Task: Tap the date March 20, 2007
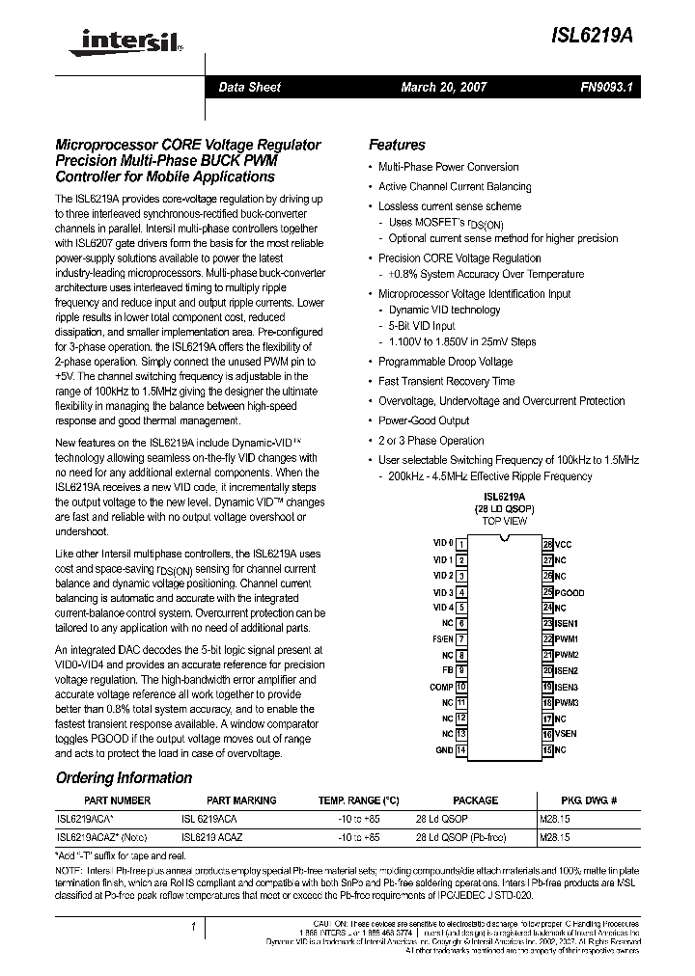pyautogui.click(x=443, y=87)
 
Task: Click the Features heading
pyautogui.click(x=397, y=145)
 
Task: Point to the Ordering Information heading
pyautogui.click(x=124, y=777)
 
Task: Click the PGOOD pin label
pyautogui.click(x=570, y=592)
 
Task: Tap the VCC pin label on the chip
pyautogui.click(x=563, y=545)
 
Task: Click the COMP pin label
pyautogui.click(x=440, y=687)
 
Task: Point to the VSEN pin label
pyautogui.click(x=566, y=734)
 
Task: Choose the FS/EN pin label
pyautogui.click(x=442, y=639)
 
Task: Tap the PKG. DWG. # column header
pyautogui.click(x=588, y=800)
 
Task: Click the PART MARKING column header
pyautogui.click(x=241, y=800)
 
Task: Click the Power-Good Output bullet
pyautogui.click(x=424, y=420)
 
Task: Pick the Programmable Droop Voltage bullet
pyautogui.click(x=445, y=362)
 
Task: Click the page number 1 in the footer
pyautogui.click(x=195, y=928)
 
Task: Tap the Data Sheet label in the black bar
pyautogui.click(x=249, y=87)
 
